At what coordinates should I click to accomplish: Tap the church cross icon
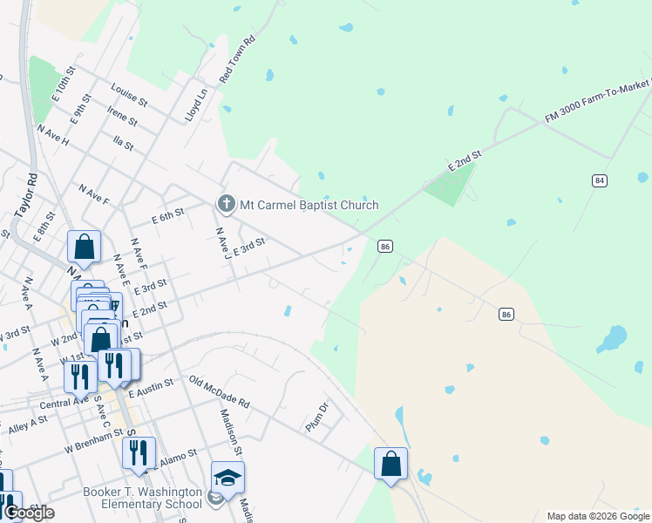(x=226, y=204)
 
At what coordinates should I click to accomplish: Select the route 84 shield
(x=598, y=180)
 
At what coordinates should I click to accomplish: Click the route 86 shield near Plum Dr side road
(x=506, y=313)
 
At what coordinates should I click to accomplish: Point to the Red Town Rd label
(x=240, y=59)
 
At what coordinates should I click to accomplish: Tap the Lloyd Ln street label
(x=196, y=105)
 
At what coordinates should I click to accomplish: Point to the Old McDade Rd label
(x=219, y=392)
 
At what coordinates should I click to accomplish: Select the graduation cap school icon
(x=228, y=478)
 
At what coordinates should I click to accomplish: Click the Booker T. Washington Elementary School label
(x=142, y=498)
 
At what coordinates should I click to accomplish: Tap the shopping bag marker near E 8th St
(x=85, y=247)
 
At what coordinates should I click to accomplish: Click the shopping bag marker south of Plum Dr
(x=391, y=462)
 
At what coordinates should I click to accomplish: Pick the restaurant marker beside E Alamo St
(x=139, y=452)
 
